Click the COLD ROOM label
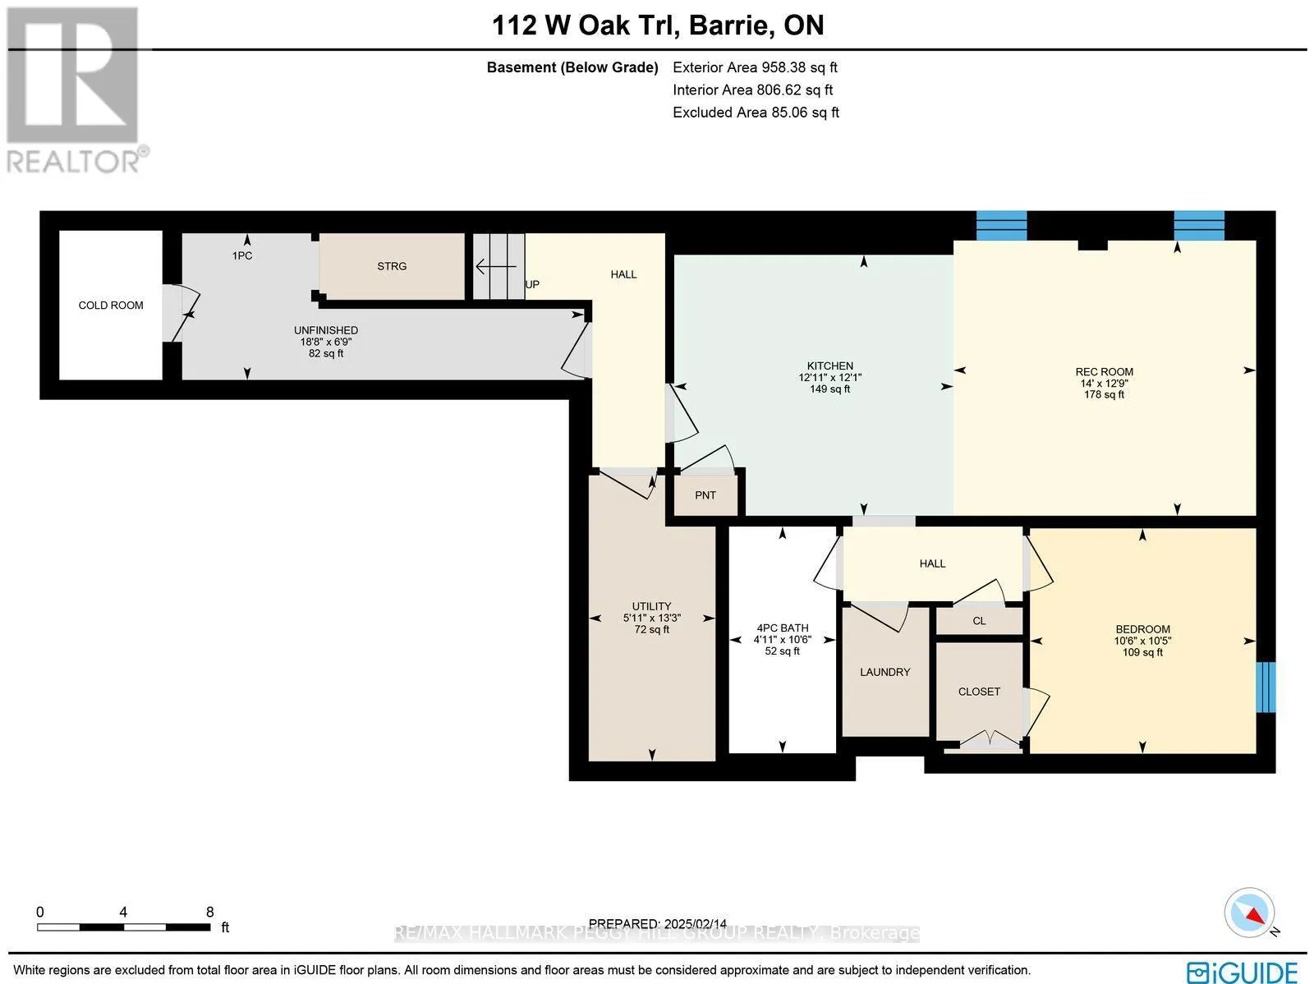coord(111,306)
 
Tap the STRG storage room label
coord(392,266)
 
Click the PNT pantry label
coord(705,495)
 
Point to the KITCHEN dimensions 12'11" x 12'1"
coord(829,378)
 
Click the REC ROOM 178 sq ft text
coord(1104,395)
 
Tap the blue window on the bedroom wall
coord(1266,687)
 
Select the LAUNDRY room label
coord(884,672)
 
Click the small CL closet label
coord(979,621)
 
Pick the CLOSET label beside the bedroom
coord(979,692)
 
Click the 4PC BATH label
coord(782,628)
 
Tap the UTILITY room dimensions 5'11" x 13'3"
coord(652,618)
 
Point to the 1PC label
coord(241,256)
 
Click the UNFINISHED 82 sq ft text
coord(326,354)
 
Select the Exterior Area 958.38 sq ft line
coord(755,68)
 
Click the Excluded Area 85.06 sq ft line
coord(756,113)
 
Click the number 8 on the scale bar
coord(210,912)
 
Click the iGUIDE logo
coord(1242,972)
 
